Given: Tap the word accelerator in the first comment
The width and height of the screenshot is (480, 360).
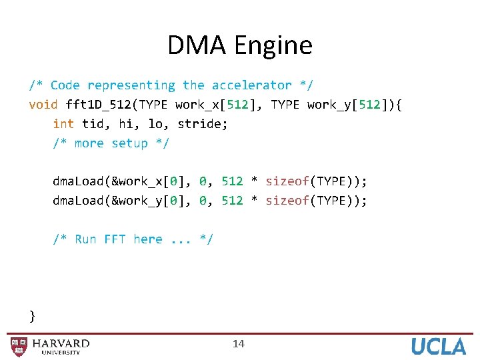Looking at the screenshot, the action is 251,85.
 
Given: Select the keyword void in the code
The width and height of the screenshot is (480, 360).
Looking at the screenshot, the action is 43,105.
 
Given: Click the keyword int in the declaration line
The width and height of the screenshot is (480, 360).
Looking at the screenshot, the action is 63,124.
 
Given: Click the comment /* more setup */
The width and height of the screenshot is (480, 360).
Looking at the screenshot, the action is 111,143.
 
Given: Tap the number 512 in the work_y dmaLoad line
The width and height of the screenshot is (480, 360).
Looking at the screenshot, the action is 232,201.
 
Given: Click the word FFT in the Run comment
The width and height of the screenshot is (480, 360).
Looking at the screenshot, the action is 115,239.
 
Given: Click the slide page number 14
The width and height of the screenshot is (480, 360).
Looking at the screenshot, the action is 239,344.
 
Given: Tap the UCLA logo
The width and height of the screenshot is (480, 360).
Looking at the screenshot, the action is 438,346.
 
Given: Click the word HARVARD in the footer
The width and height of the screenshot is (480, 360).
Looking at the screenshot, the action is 61,343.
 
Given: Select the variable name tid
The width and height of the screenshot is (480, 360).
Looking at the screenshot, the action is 92,124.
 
